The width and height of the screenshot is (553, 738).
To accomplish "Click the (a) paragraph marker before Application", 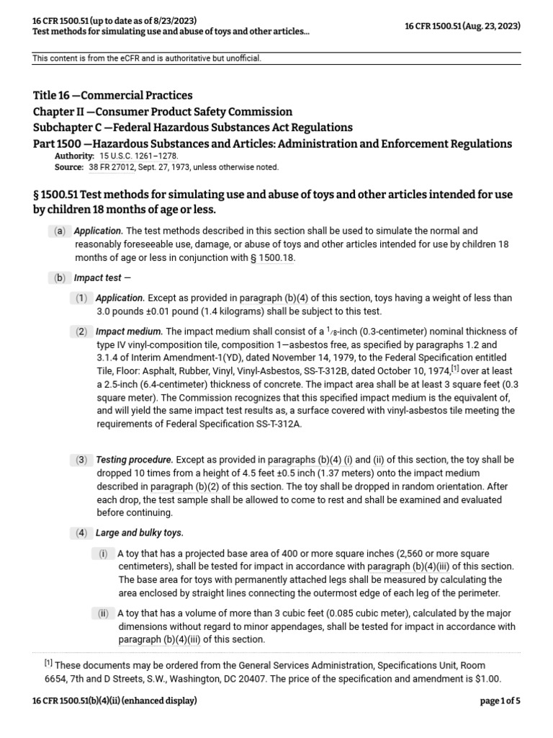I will point(59,232).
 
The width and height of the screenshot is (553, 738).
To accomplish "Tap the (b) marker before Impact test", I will point(59,277).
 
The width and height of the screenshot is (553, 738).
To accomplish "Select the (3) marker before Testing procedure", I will point(82,460).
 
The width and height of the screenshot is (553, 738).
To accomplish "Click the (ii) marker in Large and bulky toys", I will point(104,613).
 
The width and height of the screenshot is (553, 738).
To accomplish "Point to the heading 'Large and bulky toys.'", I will point(140,533).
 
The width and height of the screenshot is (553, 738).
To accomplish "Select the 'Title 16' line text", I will point(113,95).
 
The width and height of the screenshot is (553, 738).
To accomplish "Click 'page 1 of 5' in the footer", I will point(500,701).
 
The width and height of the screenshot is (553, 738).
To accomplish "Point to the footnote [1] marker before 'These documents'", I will point(48,662).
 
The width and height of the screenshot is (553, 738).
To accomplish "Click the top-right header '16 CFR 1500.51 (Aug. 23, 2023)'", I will point(464,26).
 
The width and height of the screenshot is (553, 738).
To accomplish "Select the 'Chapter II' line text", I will point(163,112).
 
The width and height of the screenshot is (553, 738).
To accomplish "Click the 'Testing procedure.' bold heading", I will point(135,460).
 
